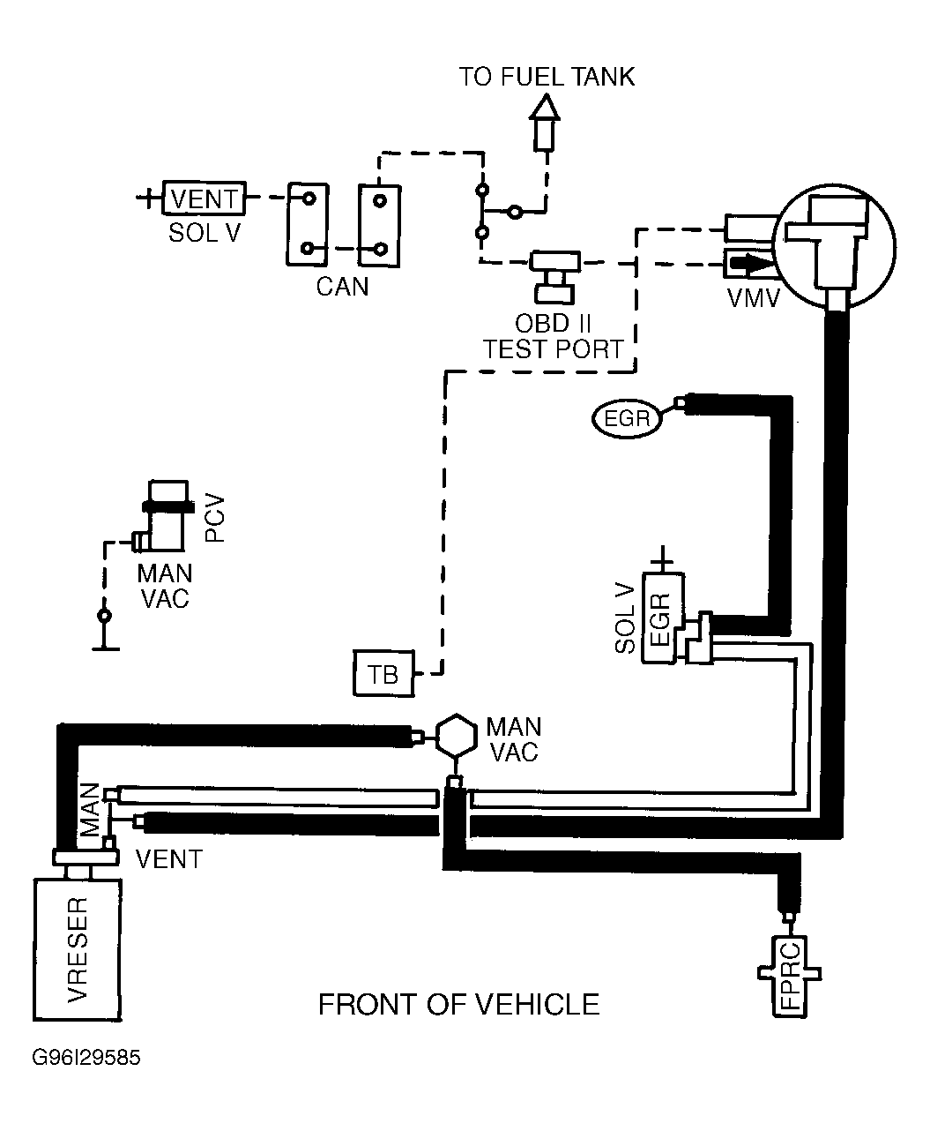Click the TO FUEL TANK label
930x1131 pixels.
coord(547,77)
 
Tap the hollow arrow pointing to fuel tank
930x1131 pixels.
coord(545,123)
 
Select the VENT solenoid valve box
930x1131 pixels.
coord(205,198)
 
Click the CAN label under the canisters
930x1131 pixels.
coord(342,287)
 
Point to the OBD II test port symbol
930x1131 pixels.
coord(554,277)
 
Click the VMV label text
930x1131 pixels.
coord(753,298)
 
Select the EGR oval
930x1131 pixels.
coord(627,418)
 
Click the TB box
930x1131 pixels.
coord(383,673)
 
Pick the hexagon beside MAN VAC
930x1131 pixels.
coord(456,736)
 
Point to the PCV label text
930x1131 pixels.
coord(214,518)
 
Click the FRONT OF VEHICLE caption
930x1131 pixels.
coord(459,1005)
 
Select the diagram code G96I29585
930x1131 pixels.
coord(86,1058)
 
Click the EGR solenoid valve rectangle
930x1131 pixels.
coord(663,618)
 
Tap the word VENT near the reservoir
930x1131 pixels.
coord(169,859)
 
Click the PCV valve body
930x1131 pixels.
coord(166,516)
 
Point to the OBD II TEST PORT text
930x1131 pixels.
coord(554,336)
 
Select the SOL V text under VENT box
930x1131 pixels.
coord(205,232)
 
